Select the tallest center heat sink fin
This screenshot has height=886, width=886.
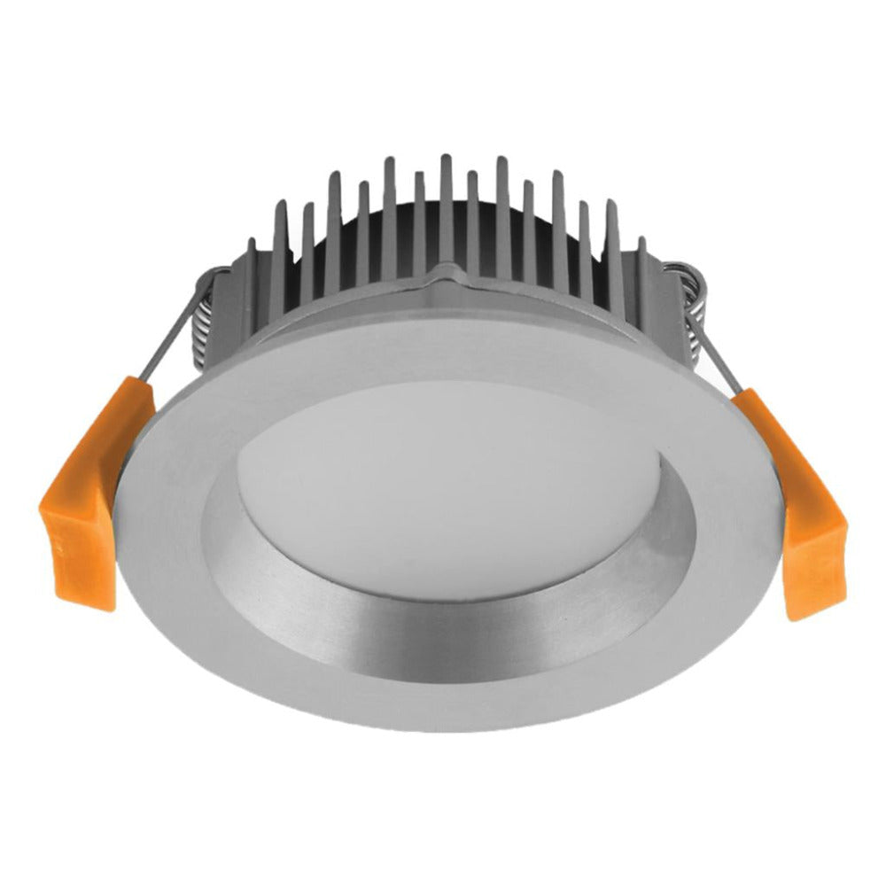click(446, 213)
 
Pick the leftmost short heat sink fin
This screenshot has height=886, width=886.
click(253, 266)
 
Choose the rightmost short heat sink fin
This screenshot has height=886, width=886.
click(641, 266)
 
